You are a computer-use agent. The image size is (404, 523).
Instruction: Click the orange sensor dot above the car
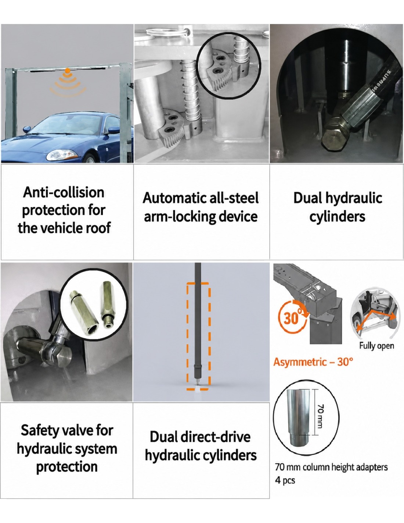pyautogui.click(x=68, y=70)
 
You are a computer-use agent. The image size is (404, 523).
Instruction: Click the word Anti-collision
pyautogui.click(x=64, y=193)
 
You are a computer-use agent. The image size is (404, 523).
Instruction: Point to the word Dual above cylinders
pyautogui.click(x=308, y=198)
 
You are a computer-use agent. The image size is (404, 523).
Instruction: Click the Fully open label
pyautogui.click(x=376, y=346)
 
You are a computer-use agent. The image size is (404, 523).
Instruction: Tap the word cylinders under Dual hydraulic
pyautogui.click(x=337, y=216)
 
